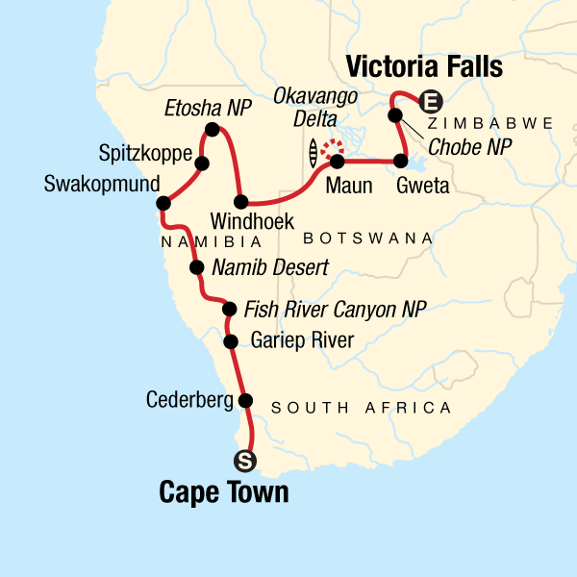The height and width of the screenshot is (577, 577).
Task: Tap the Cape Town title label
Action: pos(223,493)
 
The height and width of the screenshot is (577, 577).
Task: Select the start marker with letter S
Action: pos(245,462)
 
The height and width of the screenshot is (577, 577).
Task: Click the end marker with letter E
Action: pos(432,99)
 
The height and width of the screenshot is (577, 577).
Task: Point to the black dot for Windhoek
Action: pos(242,202)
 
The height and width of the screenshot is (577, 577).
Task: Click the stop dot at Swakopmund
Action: pos(163,203)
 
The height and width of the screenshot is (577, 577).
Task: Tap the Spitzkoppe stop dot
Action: pos(202,163)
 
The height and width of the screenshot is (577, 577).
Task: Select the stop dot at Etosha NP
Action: pos(213,129)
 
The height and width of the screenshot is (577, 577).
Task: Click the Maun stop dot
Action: pos(338,161)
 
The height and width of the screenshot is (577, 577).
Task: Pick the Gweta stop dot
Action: pos(402,161)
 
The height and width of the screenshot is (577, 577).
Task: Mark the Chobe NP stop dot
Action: pos(394,115)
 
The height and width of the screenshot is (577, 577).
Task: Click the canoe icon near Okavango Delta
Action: pos(313,152)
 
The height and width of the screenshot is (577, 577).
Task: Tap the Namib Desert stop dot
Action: pos(196,268)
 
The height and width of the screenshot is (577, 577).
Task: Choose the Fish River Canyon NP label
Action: pos(335,309)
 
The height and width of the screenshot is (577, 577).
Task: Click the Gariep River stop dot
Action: pos(230,341)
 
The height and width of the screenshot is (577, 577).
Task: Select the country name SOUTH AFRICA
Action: pos(362,409)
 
